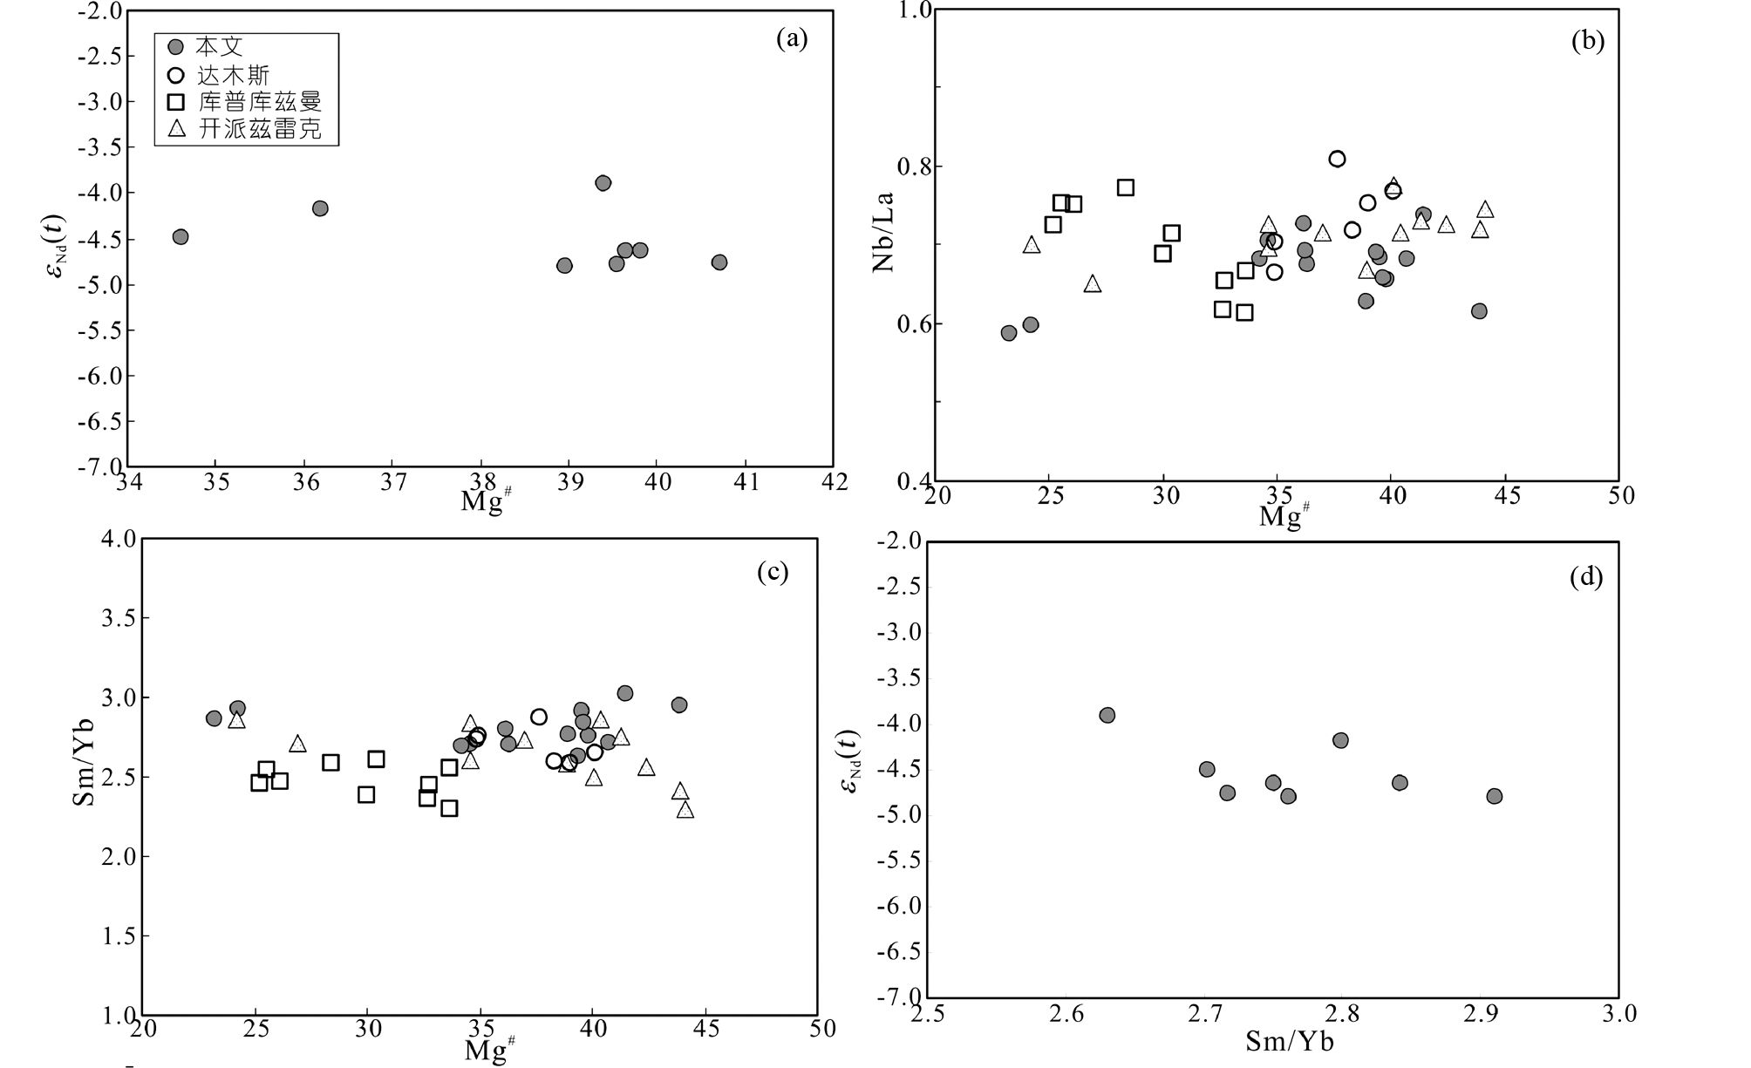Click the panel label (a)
[792, 38]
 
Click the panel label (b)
[1587, 41]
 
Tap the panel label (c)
[773, 572]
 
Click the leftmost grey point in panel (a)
[181, 237]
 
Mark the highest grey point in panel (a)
[603, 183]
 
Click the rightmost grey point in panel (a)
[719, 262]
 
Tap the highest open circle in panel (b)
[1337, 159]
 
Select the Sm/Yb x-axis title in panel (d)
[1290, 1041]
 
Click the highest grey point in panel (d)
[1107, 716]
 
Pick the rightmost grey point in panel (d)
[1495, 796]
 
